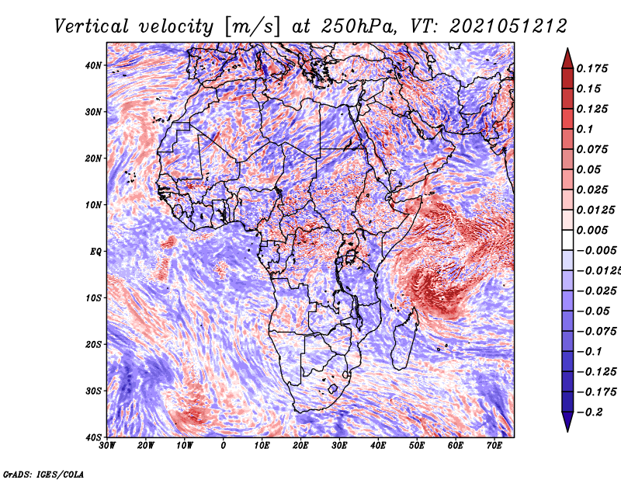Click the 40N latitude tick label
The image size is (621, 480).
[x=93, y=65]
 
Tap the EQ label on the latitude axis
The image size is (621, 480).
[x=95, y=252]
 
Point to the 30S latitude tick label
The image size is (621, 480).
[x=93, y=391]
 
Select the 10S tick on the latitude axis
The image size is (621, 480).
[x=93, y=298]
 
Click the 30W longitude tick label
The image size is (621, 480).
[x=107, y=446]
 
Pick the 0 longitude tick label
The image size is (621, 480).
[x=224, y=446]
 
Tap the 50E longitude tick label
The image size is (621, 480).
[x=417, y=446]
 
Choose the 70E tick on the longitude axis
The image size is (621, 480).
[x=494, y=446]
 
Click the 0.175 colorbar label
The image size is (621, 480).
[x=592, y=69]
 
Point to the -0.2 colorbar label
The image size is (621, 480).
[x=589, y=412]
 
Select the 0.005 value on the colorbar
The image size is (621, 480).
[x=592, y=230]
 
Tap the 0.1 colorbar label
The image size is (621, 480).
[x=585, y=129]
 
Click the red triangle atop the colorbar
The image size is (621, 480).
[x=567, y=60]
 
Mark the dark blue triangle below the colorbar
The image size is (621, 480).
[x=567, y=420]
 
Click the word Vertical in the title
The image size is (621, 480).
[x=92, y=26]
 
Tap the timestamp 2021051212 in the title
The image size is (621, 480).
[x=508, y=26]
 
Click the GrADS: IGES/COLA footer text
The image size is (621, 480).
[x=43, y=474]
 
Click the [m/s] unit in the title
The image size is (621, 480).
[x=254, y=27]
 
